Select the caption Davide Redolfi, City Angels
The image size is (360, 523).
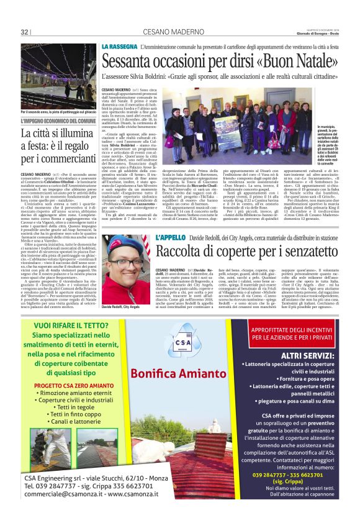point(122,290)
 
